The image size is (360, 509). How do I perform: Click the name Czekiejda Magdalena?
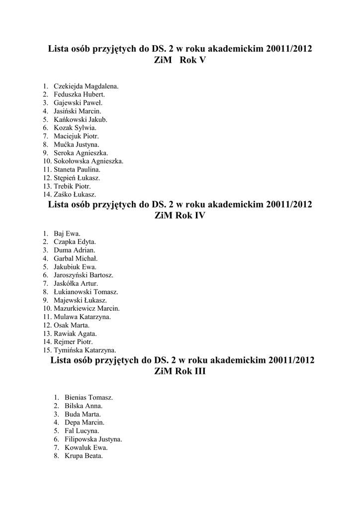pos(86,86)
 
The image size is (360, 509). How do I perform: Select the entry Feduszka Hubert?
pos(79,94)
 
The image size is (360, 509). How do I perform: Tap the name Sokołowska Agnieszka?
pos(89,161)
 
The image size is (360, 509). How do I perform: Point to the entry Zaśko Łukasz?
pos(75,194)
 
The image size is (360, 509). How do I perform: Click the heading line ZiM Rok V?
pos(180,60)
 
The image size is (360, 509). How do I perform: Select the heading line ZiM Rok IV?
pos(180,216)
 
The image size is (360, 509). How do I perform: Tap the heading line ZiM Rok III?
pos(180,371)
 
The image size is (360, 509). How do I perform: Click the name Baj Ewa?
pos(67,233)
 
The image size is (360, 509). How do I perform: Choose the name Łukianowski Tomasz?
pos(86,292)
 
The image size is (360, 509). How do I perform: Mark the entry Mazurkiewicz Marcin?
pos(87,308)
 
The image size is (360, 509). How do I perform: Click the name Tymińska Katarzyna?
pos(85,350)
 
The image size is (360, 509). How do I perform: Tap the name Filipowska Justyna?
pos(93,439)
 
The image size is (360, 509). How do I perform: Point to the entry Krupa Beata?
pos(84,456)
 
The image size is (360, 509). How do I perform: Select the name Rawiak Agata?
pos(75,333)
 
